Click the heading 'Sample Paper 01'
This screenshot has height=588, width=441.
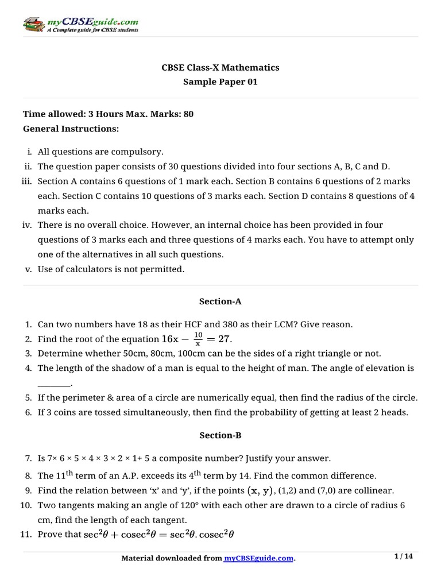pyautogui.click(x=220, y=82)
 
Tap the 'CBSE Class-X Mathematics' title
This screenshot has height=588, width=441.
pyautogui.click(x=220, y=68)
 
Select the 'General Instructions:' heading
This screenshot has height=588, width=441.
pyautogui.click(x=71, y=129)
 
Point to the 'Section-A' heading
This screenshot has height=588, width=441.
pyautogui.click(x=220, y=300)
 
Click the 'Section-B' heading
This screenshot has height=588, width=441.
pyautogui.click(x=220, y=435)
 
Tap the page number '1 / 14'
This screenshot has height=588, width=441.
pyautogui.click(x=404, y=556)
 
